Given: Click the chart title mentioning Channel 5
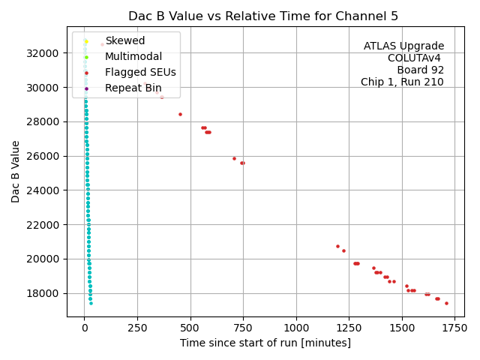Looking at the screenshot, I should tap(263, 16).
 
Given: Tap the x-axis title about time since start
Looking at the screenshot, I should tap(265, 343).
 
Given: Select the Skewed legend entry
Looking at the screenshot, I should tap(124, 40).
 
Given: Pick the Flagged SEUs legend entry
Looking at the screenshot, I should tap(140, 73).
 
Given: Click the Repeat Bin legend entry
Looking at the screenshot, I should tap(133, 88).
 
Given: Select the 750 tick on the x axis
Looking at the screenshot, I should tap(243, 328).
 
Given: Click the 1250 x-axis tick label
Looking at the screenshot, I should tap(349, 328).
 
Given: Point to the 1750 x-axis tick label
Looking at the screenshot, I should tap(454, 328).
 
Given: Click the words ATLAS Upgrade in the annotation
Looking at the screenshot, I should tap(403, 46).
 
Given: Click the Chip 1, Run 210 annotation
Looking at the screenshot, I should tap(402, 82).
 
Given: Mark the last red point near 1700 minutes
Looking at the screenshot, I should tap(446, 303).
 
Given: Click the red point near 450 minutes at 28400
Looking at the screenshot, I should tap(180, 114).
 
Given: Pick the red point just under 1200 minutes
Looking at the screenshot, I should tap(337, 246).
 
